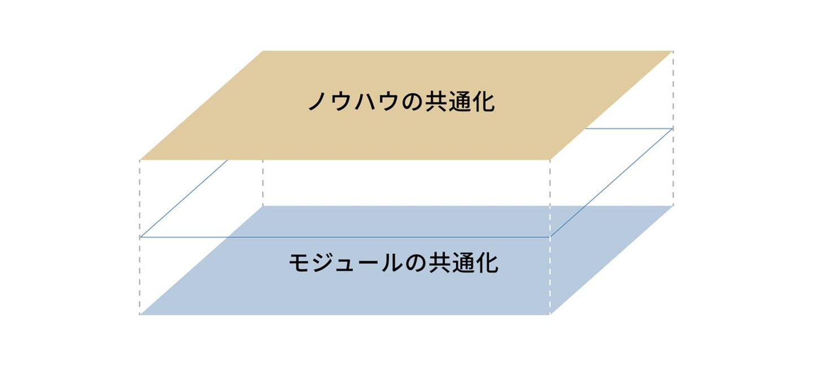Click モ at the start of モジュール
coord(300,263)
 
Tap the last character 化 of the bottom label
coord(487,263)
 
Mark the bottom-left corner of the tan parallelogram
coord(140,160)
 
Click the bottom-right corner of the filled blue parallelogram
coord(550,314)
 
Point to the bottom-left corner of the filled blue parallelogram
coord(140,314)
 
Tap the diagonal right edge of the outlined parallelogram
coord(611,183)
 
